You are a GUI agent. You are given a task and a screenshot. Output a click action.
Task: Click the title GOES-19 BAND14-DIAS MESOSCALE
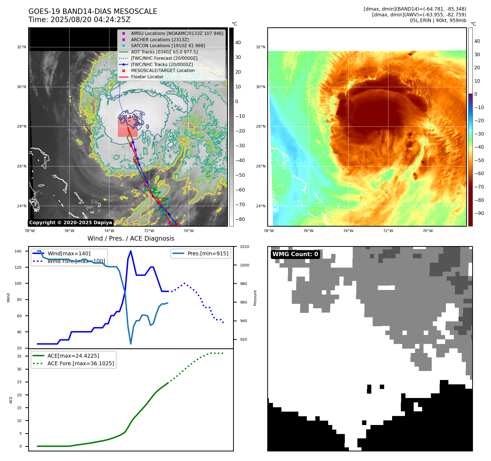point(93,11)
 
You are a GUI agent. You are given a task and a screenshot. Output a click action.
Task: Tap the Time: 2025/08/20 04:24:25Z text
point(79,20)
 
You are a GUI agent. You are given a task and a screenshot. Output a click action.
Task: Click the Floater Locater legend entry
point(147,77)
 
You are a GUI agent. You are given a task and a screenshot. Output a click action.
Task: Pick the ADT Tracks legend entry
point(164,52)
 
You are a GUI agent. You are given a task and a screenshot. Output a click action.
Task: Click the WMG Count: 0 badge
point(295,254)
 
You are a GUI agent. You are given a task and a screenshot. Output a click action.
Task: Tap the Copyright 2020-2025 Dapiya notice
point(70,223)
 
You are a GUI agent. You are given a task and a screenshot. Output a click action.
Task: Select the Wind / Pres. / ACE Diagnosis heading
point(131,238)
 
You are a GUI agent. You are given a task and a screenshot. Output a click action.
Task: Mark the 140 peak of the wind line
point(131,251)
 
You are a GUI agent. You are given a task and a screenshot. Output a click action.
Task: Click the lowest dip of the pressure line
point(131,344)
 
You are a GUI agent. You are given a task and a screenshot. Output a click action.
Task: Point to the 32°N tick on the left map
point(22,47)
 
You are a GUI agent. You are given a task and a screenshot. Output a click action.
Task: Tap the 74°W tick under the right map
point(348,231)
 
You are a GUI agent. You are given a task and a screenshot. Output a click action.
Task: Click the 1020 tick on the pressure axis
point(244,247)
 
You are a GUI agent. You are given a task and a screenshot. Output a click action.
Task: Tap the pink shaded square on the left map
point(128,127)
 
